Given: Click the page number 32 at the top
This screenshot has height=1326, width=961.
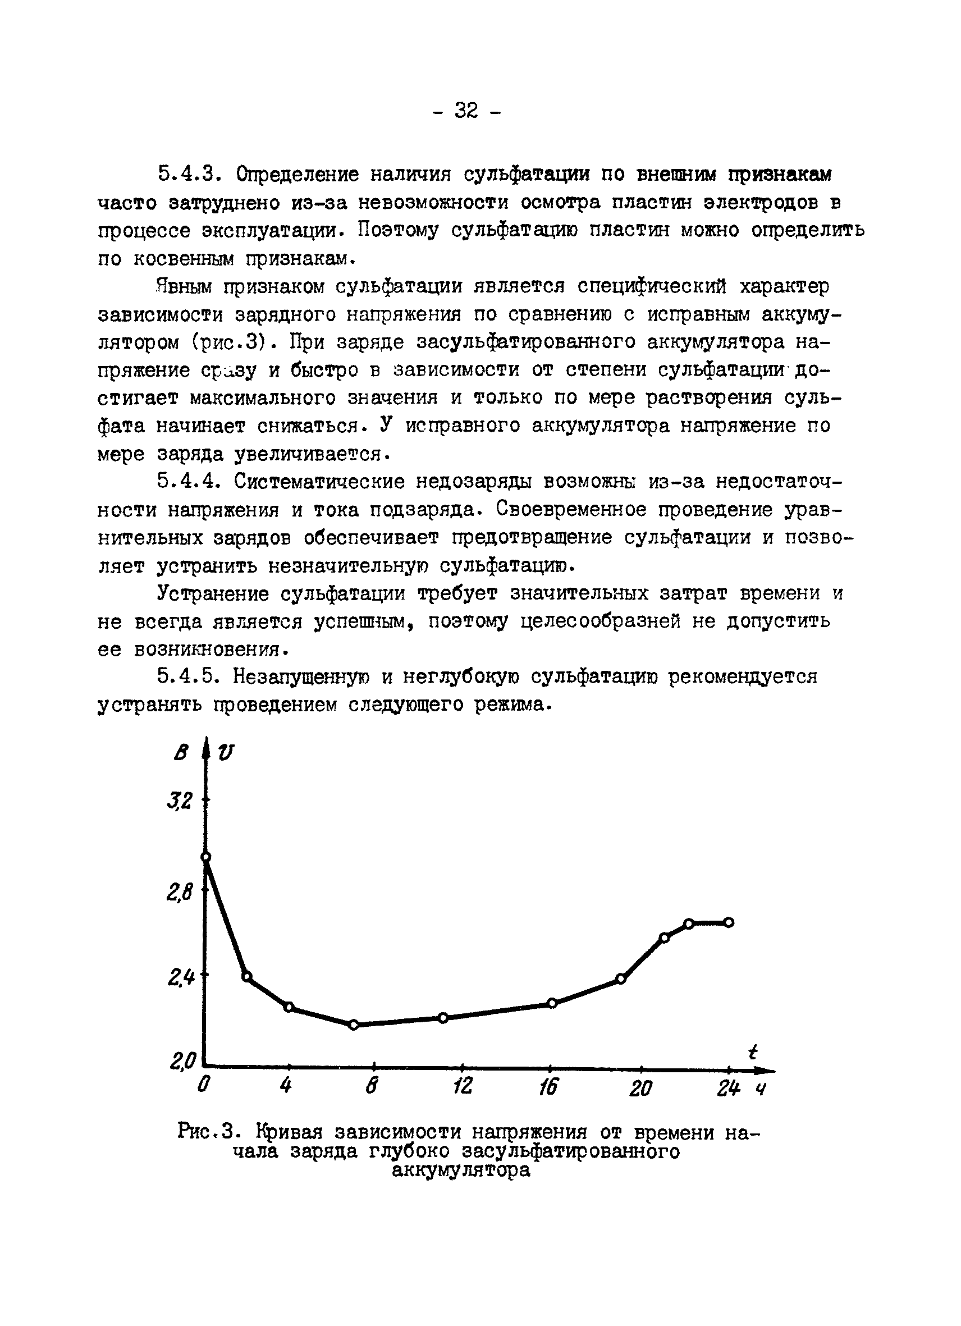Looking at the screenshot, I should [x=466, y=110].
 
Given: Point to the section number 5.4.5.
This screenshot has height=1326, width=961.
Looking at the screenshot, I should [x=189, y=677].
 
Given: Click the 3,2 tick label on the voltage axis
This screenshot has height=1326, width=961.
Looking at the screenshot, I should [x=180, y=801].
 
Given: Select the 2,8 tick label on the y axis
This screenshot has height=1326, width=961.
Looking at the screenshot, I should [x=180, y=892].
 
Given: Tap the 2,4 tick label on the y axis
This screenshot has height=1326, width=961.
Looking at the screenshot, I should [x=180, y=977].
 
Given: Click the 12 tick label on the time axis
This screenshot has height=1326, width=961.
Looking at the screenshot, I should [x=463, y=1086].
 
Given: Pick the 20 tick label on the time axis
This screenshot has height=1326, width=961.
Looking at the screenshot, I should [x=640, y=1087].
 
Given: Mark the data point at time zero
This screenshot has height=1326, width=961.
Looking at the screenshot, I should [x=206, y=857].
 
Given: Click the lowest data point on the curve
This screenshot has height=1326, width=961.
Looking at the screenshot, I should [x=353, y=1025].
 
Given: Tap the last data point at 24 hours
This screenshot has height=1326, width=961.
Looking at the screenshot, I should [x=729, y=922].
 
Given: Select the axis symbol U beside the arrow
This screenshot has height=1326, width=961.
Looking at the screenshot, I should [x=225, y=753].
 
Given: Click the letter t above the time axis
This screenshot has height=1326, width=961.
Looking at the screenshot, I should [x=753, y=1052].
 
